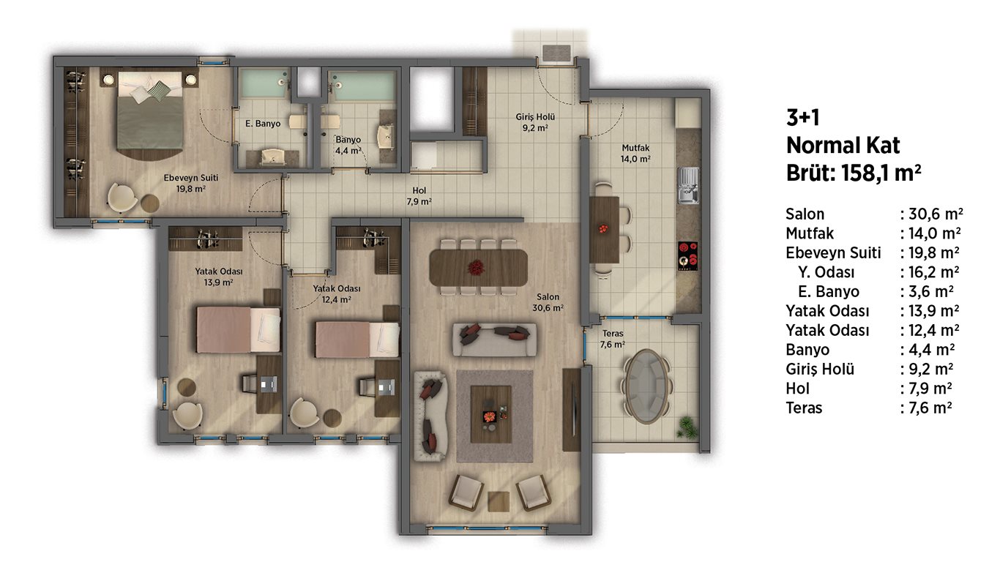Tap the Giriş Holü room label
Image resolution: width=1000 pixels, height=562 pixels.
point(535,122)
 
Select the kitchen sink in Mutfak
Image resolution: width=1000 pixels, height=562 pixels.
point(688,185)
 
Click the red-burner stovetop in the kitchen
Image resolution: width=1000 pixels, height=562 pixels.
point(688,256)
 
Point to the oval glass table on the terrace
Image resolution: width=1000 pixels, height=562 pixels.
point(646,386)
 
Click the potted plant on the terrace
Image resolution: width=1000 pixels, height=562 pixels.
point(686,427)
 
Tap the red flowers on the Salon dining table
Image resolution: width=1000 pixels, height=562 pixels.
point(476,268)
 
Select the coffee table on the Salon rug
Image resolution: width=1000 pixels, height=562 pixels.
point(490,414)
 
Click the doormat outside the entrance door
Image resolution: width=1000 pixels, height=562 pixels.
point(556,53)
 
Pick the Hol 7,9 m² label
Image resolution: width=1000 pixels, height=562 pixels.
point(419,196)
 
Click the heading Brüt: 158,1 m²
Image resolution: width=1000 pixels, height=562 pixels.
point(853,173)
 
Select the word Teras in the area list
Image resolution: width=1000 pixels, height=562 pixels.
point(804,408)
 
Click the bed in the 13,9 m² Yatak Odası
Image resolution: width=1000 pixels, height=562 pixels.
point(239,329)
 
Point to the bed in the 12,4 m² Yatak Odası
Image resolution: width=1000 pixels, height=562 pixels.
point(357,340)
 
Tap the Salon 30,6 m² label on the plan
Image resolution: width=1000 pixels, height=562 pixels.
point(548,302)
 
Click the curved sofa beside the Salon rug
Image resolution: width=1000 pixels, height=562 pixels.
point(430,416)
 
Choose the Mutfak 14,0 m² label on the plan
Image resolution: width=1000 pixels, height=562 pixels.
point(635,153)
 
